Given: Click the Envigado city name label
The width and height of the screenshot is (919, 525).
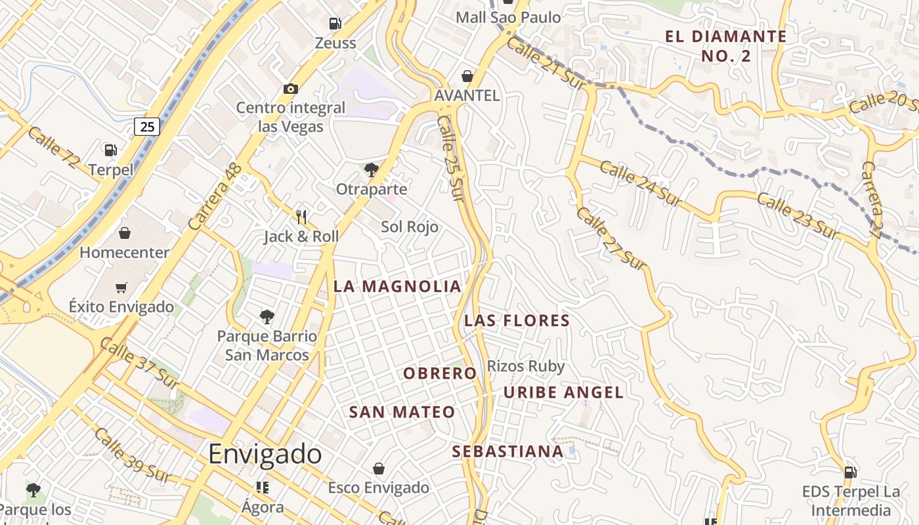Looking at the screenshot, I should [265, 454].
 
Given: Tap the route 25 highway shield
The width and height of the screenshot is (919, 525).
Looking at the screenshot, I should [147, 126].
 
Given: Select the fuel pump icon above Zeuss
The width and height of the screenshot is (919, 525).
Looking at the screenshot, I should [335, 24].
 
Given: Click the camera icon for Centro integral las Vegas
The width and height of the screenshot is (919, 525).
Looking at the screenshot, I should [290, 89].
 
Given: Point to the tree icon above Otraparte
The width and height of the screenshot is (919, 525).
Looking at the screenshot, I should [371, 171].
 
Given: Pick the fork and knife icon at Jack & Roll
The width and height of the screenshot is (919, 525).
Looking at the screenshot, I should [301, 217].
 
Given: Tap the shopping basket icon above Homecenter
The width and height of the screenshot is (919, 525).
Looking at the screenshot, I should [124, 233].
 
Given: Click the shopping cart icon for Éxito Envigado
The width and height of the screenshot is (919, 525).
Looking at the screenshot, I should [121, 287].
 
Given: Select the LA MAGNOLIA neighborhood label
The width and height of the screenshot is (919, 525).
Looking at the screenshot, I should [397, 287].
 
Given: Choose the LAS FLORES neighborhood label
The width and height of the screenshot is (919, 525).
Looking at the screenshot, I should [517, 321].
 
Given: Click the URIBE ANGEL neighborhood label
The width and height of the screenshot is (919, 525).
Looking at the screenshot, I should [563, 393].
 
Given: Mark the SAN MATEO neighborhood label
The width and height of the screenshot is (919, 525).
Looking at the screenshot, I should [402, 413].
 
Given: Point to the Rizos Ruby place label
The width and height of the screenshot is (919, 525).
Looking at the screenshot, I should [525, 366].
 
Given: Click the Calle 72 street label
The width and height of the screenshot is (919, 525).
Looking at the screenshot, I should [53, 147].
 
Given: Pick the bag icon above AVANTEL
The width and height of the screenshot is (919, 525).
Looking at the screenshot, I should [467, 77].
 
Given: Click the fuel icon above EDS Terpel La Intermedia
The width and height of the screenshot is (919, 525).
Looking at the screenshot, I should [850, 472].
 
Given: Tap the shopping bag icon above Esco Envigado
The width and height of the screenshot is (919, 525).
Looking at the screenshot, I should [378, 469].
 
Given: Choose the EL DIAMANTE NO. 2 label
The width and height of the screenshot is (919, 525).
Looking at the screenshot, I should [725, 46].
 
